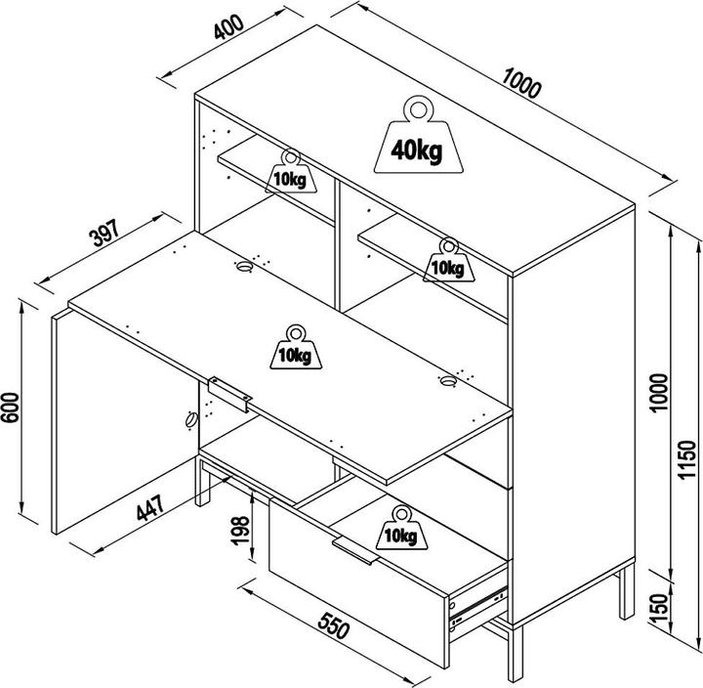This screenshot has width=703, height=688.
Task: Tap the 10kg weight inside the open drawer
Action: tap(401, 529)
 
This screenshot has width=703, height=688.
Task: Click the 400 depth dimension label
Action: tap(228, 27)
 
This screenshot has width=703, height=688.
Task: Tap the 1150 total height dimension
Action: tap(686, 460)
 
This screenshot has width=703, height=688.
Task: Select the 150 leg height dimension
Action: tap(659, 608)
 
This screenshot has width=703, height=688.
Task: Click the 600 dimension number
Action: tap(10, 408)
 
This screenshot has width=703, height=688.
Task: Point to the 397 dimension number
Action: tap(105, 233)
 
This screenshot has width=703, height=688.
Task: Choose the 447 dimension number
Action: tap(150, 507)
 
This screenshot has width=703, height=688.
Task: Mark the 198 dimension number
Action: tap(240, 531)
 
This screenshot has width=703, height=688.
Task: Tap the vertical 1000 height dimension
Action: tap(659, 392)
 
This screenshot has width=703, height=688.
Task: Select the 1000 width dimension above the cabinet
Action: tap(521, 83)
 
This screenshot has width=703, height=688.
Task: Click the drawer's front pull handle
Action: tap(356, 550)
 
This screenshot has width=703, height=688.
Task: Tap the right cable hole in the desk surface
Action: tap(447, 381)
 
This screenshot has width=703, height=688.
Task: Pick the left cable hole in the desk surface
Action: tap(244, 267)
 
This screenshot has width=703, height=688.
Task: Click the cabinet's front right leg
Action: tap(516, 654)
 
